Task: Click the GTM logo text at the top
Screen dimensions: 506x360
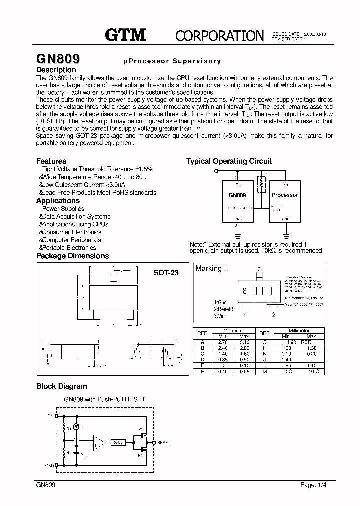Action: tap(125, 34)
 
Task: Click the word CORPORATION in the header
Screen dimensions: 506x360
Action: tap(219, 35)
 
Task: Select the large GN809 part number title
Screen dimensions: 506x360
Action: tap(58, 58)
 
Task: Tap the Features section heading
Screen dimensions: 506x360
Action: tap(51, 161)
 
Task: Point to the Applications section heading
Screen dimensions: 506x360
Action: tap(58, 200)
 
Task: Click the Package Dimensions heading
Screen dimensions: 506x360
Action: tap(72, 256)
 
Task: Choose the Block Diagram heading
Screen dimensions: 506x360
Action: tap(61, 386)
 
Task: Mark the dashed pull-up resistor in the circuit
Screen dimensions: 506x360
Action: tap(260, 185)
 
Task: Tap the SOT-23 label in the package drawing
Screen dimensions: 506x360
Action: tap(166, 273)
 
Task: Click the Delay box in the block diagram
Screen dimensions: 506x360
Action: tap(118, 442)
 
